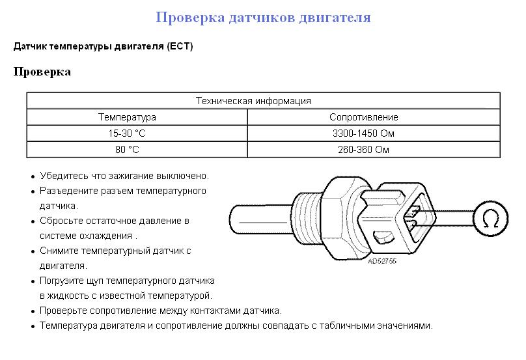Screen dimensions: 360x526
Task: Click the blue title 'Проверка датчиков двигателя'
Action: point(263,18)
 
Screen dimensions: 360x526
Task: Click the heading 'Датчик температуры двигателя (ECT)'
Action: point(103,47)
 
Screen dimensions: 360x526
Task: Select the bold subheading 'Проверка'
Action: point(42,72)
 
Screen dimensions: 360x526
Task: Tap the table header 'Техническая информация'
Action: point(253,101)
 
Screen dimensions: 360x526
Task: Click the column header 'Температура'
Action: point(127,117)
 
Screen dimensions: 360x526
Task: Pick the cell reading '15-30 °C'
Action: point(127,133)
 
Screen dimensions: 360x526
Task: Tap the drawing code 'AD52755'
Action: point(382,262)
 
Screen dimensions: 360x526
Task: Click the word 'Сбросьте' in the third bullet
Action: point(61,221)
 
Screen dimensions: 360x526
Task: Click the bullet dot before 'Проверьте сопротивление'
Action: point(32,311)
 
